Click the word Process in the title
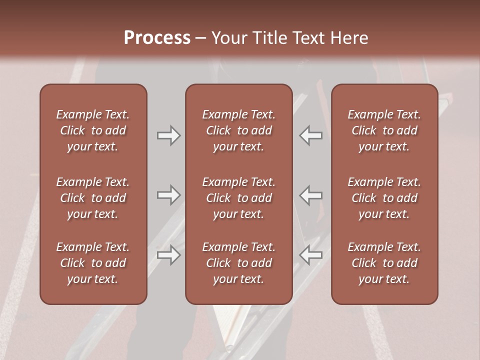pyautogui.click(x=157, y=38)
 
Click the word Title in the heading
pyautogui.click(x=270, y=38)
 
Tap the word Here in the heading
pyautogui.click(x=349, y=38)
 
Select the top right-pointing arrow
pyautogui.click(x=169, y=135)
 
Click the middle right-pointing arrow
pyautogui.click(x=169, y=195)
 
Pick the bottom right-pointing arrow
pyautogui.click(x=169, y=255)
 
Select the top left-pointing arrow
pyautogui.click(x=310, y=135)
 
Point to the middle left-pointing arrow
pyautogui.click(x=310, y=195)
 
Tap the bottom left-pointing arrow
pyautogui.click(x=310, y=255)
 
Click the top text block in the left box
pyautogui.click(x=93, y=130)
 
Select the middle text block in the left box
pyautogui.click(x=93, y=198)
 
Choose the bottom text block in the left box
pyautogui.click(x=93, y=263)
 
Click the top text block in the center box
pyautogui.click(x=238, y=130)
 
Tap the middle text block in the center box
pyautogui.click(x=238, y=198)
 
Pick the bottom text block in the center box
pyautogui.click(x=238, y=263)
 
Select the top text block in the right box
pyautogui.click(x=384, y=130)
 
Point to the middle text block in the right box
pyautogui.click(x=384, y=198)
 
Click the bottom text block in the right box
pyautogui.click(x=384, y=263)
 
